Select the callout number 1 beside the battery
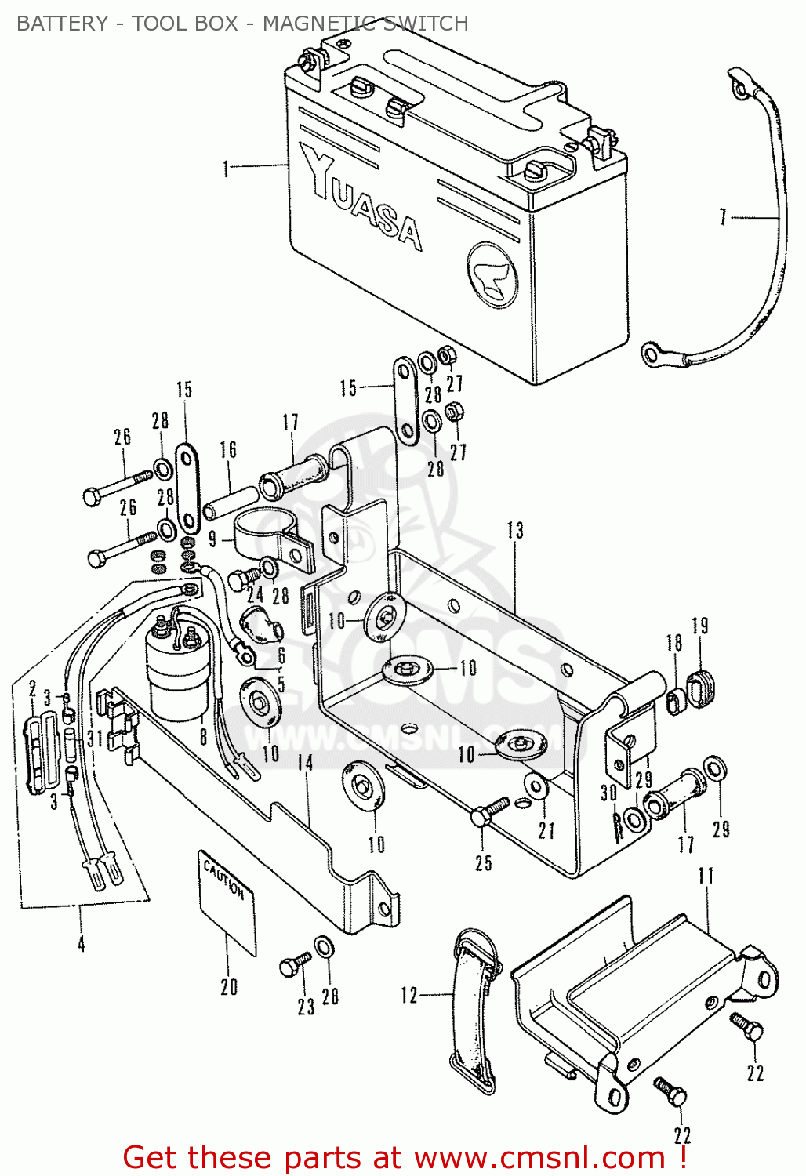click(x=227, y=169)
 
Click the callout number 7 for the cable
click(x=723, y=217)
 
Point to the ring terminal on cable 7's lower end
click(x=652, y=355)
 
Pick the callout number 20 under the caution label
click(x=228, y=987)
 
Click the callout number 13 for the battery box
click(x=514, y=531)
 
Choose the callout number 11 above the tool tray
click(x=706, y=876)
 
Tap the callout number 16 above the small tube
click(x=228, y=450)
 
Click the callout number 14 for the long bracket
click(x=305, y=763)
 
